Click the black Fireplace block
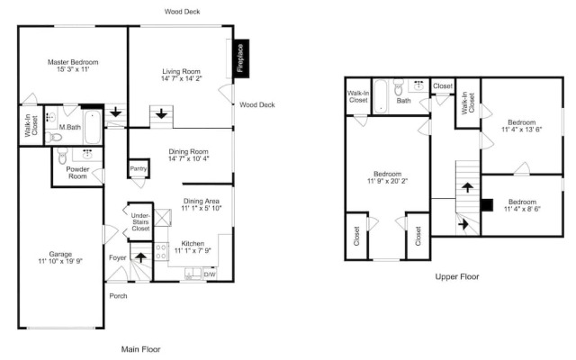242,58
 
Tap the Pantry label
138,168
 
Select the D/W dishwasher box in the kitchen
210,274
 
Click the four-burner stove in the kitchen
161,252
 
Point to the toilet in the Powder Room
62,156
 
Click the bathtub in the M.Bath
92,127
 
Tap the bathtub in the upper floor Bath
380,96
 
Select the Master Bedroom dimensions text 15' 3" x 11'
73,69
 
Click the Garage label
60,254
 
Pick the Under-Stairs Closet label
140,221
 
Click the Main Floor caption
140,349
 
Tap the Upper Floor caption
457,276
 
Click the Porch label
118,296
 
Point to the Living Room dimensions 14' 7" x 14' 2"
182,78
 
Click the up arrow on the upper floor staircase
467,187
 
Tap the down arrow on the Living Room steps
161,114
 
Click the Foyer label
118,258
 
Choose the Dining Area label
202,201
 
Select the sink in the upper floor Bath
418,85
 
